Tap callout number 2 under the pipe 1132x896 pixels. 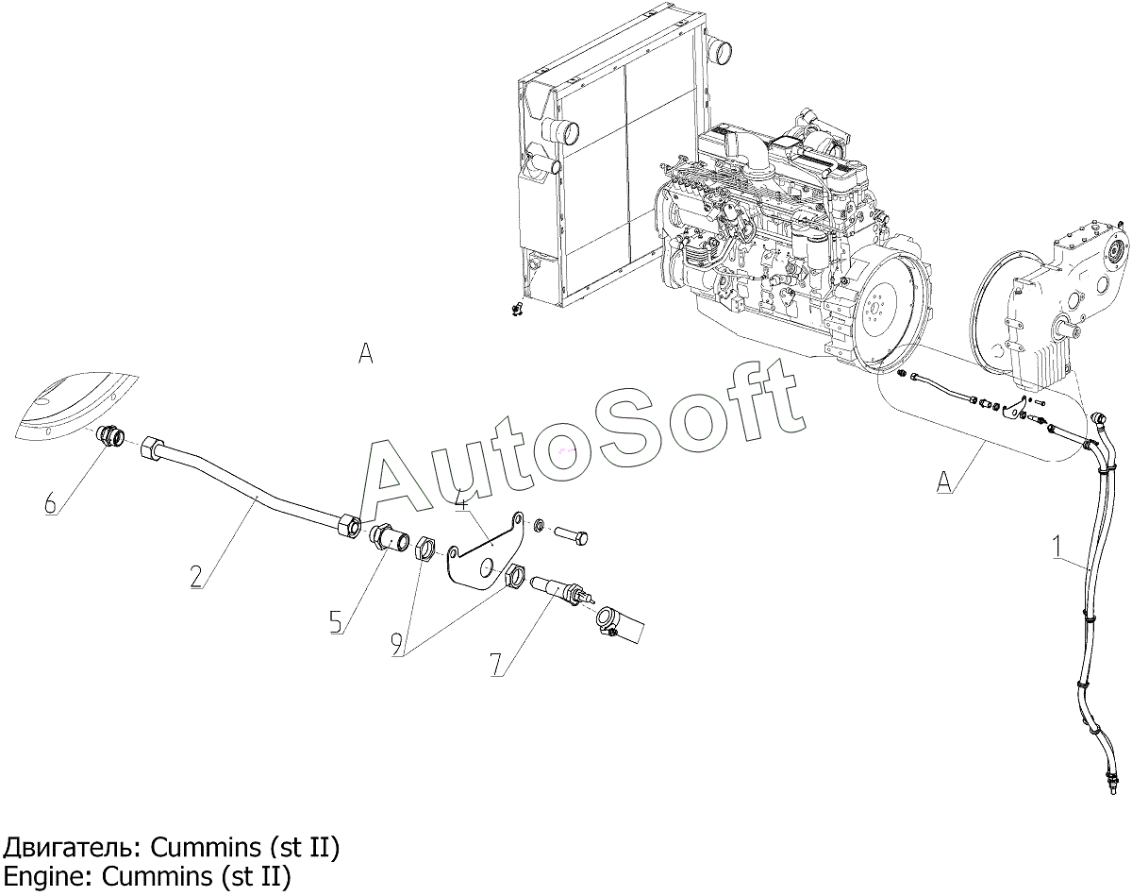click(x=196, y=577)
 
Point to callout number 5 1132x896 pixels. click(x=336, y=621)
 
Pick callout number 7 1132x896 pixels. click(x=496, y=665)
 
